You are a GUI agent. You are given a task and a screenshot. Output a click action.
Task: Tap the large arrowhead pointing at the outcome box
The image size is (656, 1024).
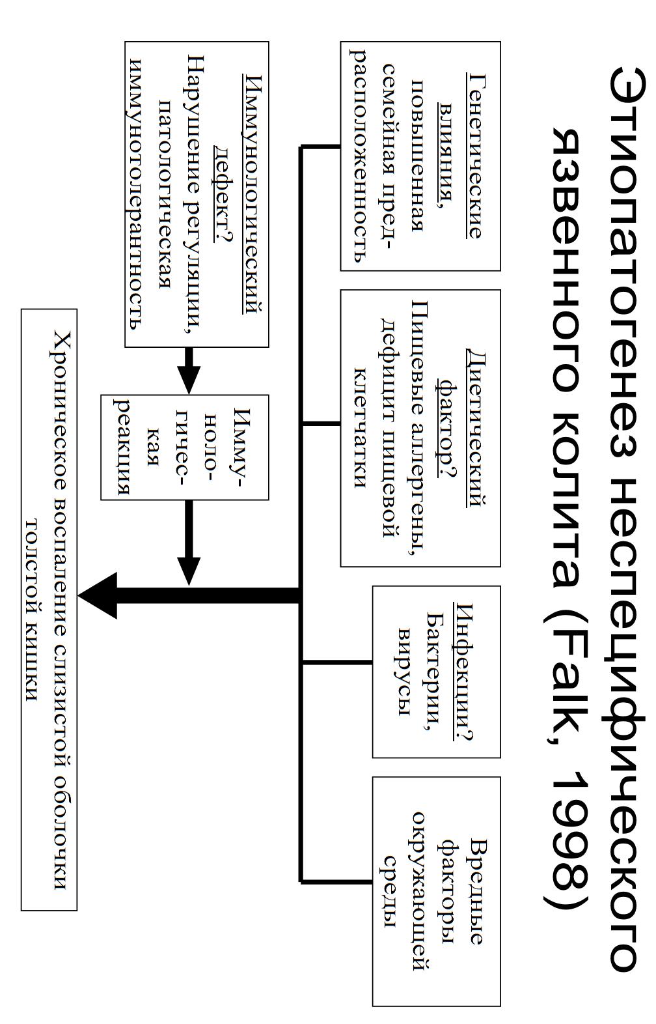pos(98,595)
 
